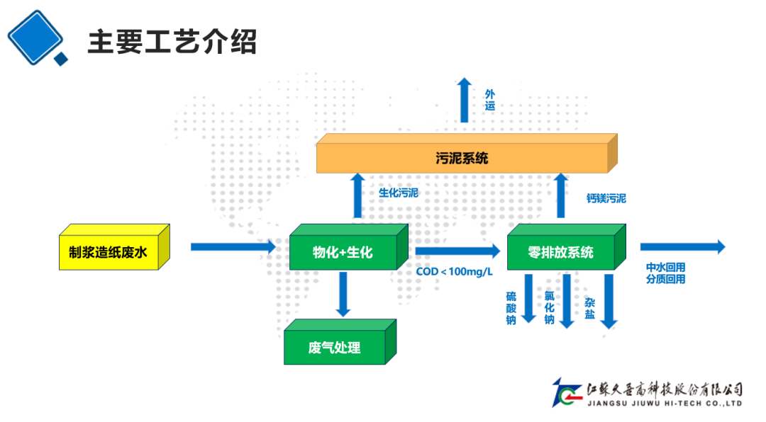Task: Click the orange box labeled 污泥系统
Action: [462, 158]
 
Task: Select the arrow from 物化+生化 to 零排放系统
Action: [457, 250]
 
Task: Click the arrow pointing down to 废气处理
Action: [343, 294]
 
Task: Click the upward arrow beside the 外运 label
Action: [464, 100]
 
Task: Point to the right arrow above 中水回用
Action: [682, 246]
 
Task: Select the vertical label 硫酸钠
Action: [511, 307]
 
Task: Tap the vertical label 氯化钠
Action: [549, 308]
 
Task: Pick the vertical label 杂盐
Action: [589, 308]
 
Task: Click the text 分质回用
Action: [665, 279]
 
